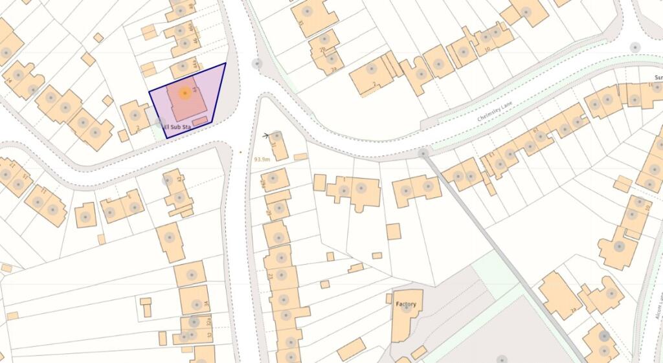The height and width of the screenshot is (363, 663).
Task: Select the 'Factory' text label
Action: tap(405, 304)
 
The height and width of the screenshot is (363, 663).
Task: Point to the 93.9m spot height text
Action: tap(262, 159)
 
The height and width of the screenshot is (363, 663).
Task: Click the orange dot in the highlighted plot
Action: tap(185, 94)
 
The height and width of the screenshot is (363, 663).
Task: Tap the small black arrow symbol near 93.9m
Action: tap(267, 135)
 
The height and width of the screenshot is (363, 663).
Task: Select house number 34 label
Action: tap(207, 303)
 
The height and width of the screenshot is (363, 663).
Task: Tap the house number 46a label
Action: tap(190, 29)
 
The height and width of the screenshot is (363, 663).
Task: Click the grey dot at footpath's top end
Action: tap(423, 153)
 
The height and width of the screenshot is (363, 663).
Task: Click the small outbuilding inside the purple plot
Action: tap(200, 120)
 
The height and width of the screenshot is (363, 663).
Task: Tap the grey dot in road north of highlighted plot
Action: tap(257, 63)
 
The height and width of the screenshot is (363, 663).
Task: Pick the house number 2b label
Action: tap(322, 49)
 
